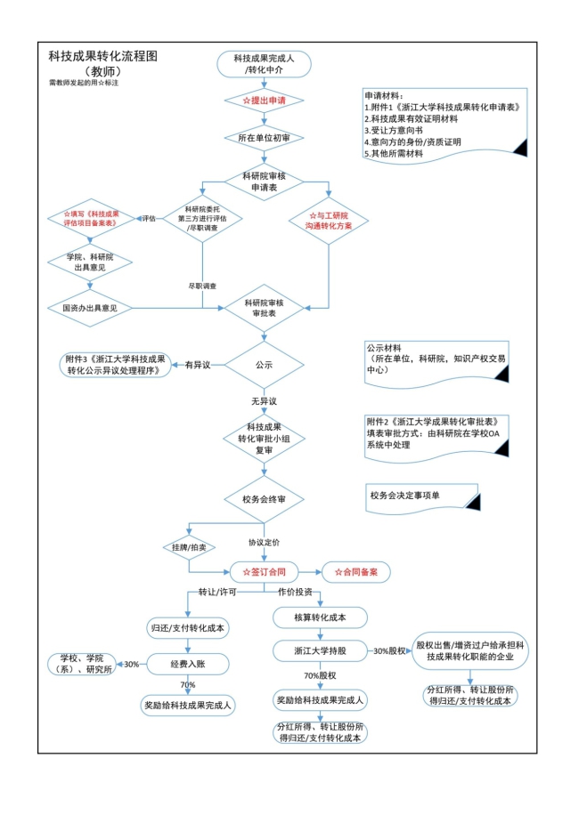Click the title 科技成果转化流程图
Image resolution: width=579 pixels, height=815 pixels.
tap(102, 56)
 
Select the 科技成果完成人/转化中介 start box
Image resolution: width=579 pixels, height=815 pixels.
tap(264, 64)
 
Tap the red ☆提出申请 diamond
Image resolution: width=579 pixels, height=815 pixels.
tap(264, 101)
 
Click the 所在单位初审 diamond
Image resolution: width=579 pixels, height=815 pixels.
tap(264, 138)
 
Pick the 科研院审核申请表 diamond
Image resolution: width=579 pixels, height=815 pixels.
tap(264, 182)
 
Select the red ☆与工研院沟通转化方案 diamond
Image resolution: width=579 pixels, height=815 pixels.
tap(329, 221)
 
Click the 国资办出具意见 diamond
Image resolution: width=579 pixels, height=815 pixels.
tap(89, 308)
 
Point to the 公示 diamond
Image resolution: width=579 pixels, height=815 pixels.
tap(264, 365)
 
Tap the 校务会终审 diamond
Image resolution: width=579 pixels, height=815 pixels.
tap(264, 499)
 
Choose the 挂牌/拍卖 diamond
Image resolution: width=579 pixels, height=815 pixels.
tap(189, 547)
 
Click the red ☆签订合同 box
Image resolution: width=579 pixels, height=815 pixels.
tap(265, 572)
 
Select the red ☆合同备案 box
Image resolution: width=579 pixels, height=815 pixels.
tap(355, 572)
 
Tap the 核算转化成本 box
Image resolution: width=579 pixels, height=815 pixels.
tap(320, 617)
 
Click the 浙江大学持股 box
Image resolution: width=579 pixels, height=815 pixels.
tap(320, 650)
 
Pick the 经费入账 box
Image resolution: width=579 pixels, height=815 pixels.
tap(188, 664)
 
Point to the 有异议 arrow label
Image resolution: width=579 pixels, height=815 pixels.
tap(198, 365)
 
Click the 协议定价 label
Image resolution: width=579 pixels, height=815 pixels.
tap(264, 542)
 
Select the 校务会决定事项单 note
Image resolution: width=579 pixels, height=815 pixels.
tap(422, 498)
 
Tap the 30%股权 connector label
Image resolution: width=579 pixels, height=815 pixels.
tap(389, 650)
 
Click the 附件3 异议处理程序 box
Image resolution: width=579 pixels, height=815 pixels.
tap(116, 365)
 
